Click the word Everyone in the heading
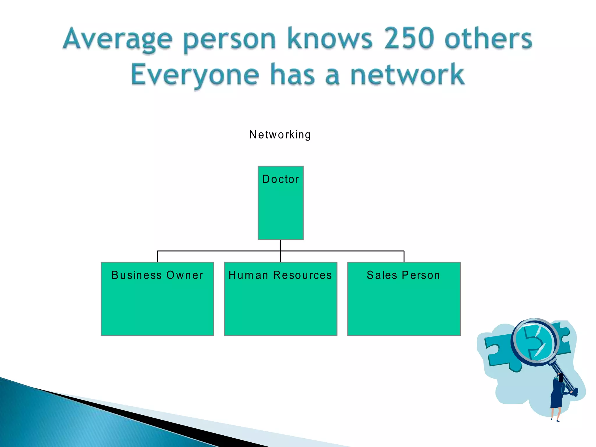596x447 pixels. tap(195, 75)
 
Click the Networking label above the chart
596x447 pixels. tap(280, 135)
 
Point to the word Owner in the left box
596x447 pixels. tap(185, 275)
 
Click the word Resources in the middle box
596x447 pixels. tap(302, 275)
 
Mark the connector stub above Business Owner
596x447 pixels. tap(157, 256)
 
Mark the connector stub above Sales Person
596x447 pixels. tap(404, 256)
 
